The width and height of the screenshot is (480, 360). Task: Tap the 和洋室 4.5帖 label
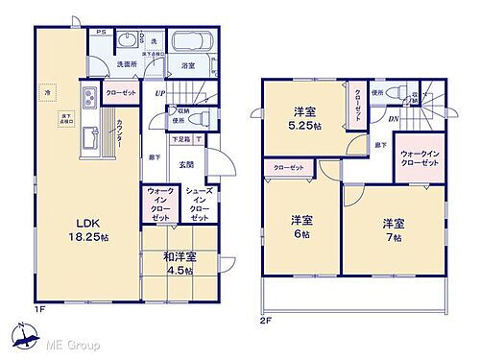180,262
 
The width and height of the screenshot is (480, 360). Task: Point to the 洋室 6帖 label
302,227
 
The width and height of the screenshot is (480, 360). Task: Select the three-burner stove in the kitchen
86,98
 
